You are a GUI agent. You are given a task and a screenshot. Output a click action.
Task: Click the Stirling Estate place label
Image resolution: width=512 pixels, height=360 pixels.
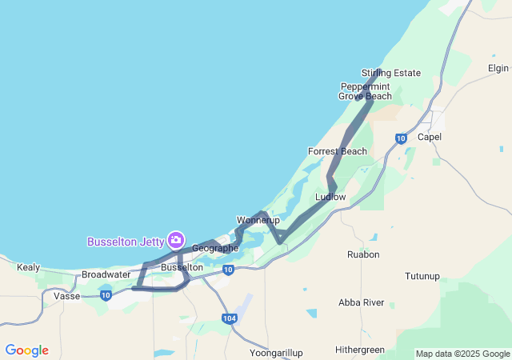tap(390, 73)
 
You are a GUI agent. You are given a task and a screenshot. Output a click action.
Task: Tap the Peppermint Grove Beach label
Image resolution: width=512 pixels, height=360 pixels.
tap(365, 91)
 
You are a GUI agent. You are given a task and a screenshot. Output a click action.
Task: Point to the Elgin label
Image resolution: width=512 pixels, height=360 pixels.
tap(498, 68)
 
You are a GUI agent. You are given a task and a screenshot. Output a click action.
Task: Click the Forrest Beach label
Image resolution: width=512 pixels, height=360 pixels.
tap(338, 151)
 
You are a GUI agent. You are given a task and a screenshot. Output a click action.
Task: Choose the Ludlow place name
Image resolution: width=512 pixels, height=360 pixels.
tap(330, 196)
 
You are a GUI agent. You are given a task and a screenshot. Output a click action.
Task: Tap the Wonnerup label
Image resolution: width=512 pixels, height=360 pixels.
tap(257, 219)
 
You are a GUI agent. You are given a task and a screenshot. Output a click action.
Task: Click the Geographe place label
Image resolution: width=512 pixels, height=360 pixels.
tap(215, 248)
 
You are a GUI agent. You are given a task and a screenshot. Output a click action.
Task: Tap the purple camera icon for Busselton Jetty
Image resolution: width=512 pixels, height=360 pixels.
tap(176, 240)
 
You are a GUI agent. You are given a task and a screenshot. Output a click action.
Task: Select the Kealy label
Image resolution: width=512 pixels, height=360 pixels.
tap(28, 267)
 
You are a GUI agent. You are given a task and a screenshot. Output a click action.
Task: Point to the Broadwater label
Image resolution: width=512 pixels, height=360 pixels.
tap(106, 274)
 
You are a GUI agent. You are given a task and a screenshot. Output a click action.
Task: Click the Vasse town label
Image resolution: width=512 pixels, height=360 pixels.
tap(66, 295)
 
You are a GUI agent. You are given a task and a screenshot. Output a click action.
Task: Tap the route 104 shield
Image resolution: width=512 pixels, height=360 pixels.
tap(230, 318)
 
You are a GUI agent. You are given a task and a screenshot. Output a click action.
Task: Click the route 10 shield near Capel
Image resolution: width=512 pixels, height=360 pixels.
tap(401, 138)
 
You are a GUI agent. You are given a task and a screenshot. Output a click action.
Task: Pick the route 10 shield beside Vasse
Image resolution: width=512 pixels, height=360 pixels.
tap(106, 295)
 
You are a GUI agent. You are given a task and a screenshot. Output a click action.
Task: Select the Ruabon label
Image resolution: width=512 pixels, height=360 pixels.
tap(363, 254)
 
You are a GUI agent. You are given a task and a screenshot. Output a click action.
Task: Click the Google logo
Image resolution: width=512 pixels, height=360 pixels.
tap(26, 350)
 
